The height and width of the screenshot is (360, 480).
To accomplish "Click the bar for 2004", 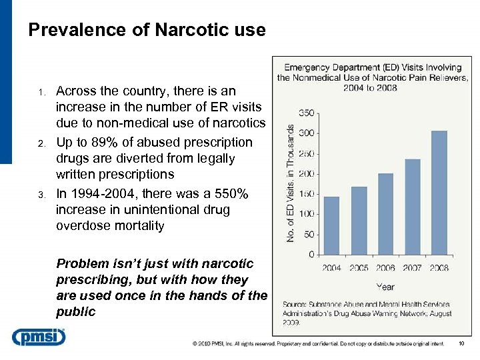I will pyautogui.click(x=331, y=225).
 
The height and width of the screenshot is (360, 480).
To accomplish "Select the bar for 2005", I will pyautogui.click(x=359, y=220).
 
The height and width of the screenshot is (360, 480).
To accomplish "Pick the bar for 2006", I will pyautogui.click(x=385, y=213).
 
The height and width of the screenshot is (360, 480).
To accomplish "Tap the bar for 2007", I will pyautogui.click(x=413, y=207).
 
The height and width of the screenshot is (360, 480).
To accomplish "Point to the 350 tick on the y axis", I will pyautogui.click(x=307, y=113).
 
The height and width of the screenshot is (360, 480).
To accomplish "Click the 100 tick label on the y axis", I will pyautogui.click(x=307, y=214).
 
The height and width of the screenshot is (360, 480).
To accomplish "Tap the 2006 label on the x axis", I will pyautogui.click(x=385, y=268).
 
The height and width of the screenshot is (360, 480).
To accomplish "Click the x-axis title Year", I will pyautogui.click(x=385, y=287).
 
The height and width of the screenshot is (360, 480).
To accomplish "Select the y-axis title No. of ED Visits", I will pyautogui.click(x=291, y=183).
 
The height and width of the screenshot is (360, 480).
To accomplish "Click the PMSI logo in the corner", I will pyautogui.click(x=39, y=337).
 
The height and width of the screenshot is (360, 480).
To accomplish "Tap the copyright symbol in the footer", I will pyautogui.click(x=195, y=344).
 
